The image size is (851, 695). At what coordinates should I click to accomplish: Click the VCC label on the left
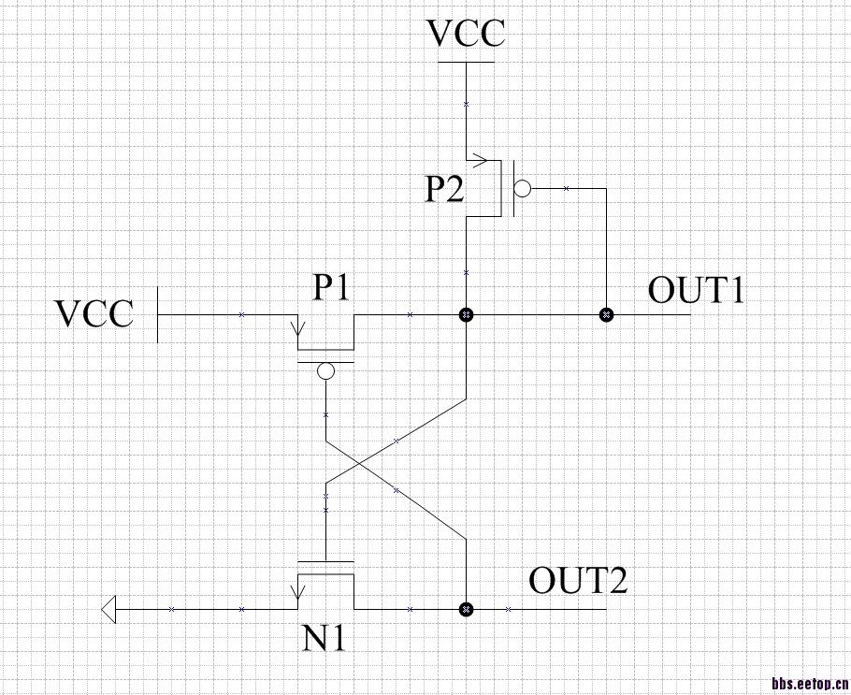point(94,313)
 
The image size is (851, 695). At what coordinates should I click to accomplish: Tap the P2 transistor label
point(442,191)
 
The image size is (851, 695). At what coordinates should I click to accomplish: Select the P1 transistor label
point(331,289)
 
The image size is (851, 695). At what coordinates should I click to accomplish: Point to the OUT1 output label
point(697,291)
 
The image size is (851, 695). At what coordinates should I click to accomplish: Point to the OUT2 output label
point(578,581)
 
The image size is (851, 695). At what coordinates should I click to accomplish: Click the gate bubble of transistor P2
point(522,189)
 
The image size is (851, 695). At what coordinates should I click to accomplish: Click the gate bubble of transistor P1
point(325,372)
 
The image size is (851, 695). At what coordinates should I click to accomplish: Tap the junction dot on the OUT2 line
point(466,610)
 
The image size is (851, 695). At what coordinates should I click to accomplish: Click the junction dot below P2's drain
point(466,315)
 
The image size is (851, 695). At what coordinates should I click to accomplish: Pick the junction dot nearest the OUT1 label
point(606,315)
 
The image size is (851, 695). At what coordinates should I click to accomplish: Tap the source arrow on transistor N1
point(298,591)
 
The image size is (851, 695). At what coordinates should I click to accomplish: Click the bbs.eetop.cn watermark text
point(809,684)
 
